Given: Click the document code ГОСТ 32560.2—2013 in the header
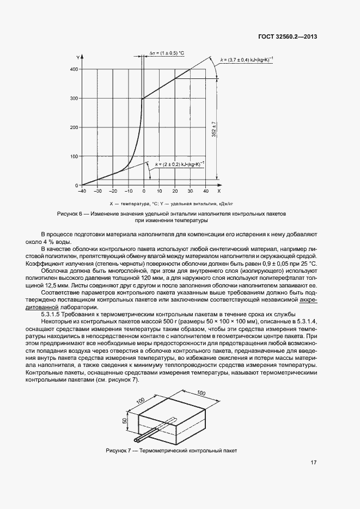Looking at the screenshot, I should [288, 38].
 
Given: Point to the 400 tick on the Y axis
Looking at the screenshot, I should [74, 69].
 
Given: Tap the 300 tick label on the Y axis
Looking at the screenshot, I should [74, 99].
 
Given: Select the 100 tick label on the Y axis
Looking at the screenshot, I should [74, 156].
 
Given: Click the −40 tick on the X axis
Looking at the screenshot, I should [82, 191].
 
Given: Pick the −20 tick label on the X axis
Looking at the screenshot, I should [113, 191].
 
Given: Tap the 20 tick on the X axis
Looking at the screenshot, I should [175, 191].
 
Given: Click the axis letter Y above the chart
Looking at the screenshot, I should [80, 56].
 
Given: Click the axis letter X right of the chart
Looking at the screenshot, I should [218, 191].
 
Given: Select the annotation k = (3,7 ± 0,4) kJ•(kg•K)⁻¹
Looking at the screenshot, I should [247, 59].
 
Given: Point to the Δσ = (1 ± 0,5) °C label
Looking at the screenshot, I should [167, 53].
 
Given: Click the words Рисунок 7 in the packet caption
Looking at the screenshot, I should [118, 450].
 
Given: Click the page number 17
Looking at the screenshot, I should [313, 463].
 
